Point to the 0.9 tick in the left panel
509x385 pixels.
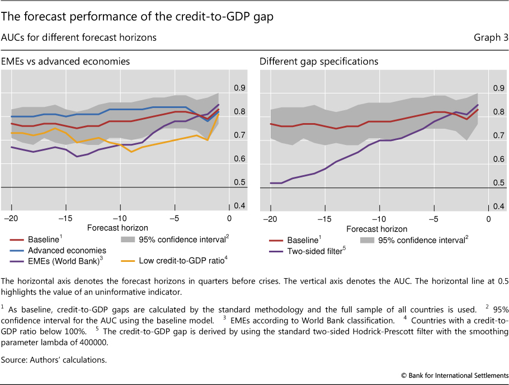click(x=239, y=88)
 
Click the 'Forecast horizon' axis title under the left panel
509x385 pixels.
click(x=117, y=228)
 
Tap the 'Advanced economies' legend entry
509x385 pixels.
click(x=67, y=250)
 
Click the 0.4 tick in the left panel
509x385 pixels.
click(x=239, y=206)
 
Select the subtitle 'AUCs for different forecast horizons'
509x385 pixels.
click(x=79, y=38)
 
